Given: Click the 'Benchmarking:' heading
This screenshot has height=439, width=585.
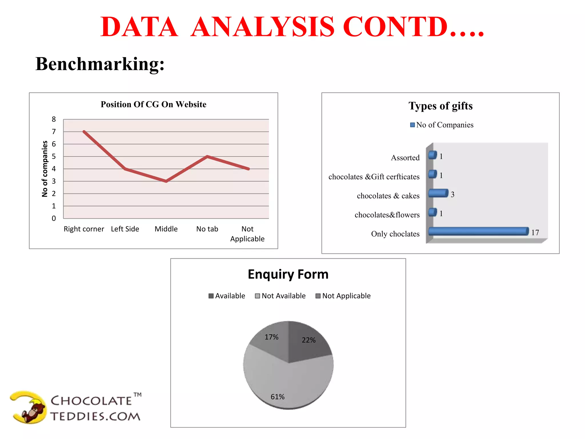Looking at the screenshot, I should [100, 64].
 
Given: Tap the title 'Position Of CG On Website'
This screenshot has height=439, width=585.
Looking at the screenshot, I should [153, 104].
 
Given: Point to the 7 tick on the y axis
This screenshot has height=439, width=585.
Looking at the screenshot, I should [54, 132].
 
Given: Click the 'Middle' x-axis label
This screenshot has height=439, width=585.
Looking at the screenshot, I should [166, 229].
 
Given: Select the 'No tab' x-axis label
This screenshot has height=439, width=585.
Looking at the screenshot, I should [207, 229].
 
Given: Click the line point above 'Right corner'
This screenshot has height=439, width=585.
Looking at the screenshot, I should [84, 132].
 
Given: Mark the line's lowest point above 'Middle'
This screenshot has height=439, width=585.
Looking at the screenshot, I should [166, 181].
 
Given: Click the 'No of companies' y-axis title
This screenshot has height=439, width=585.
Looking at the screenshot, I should [45, 169].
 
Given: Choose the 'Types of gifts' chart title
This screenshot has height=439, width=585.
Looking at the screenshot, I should [440, 106].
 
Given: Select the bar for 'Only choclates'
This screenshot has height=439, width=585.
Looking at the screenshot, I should [478, 231].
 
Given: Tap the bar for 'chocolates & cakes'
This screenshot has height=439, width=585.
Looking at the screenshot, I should [438, 193].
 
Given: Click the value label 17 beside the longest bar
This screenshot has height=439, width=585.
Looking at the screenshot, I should [535, 233].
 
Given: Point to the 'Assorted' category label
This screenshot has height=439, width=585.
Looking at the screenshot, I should [405, 158].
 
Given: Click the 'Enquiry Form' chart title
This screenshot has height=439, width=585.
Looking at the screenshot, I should [288, 274].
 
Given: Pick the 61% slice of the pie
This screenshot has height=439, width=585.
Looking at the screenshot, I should [286, 383].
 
